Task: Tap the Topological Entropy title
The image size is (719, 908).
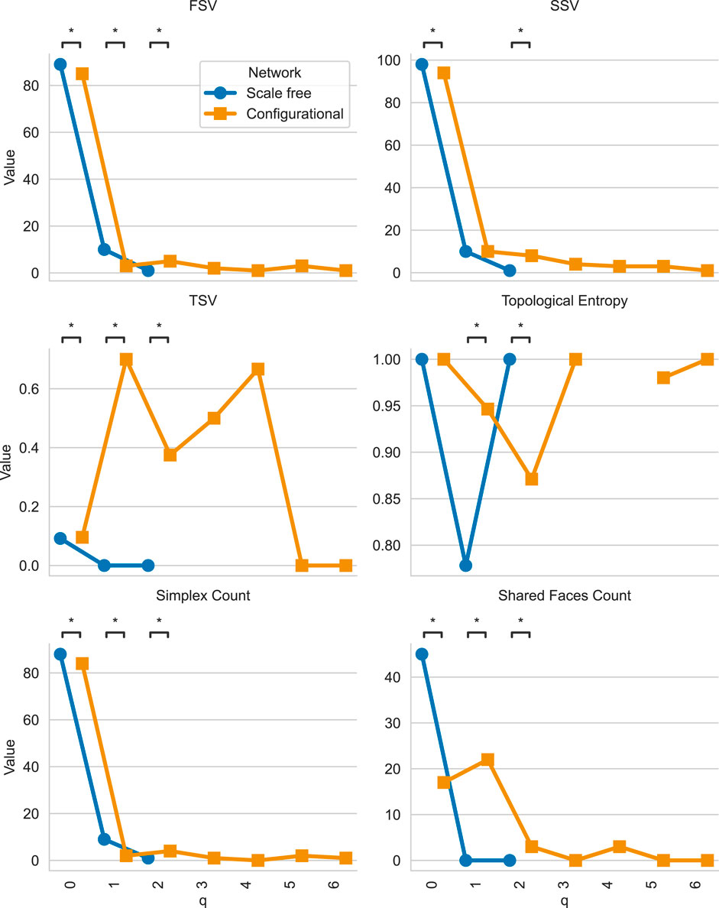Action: tap(564, 300)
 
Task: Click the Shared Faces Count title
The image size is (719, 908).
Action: tap(564, 595)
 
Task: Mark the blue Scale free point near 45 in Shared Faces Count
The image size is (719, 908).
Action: tap(421, 654)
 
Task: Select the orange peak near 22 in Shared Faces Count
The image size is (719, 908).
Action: tap(487, 760)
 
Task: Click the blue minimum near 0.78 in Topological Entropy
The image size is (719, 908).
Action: tap(465, 566)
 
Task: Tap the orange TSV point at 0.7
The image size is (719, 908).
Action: tap(126, 359)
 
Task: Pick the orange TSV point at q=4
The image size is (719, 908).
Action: tap(258, 369)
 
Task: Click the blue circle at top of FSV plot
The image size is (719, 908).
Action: tap(60, 64)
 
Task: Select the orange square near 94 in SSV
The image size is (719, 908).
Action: tap(443, 73)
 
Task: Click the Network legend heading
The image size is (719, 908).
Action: tap(274, 73)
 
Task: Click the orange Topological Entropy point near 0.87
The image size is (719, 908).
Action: tap(532, 479)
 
